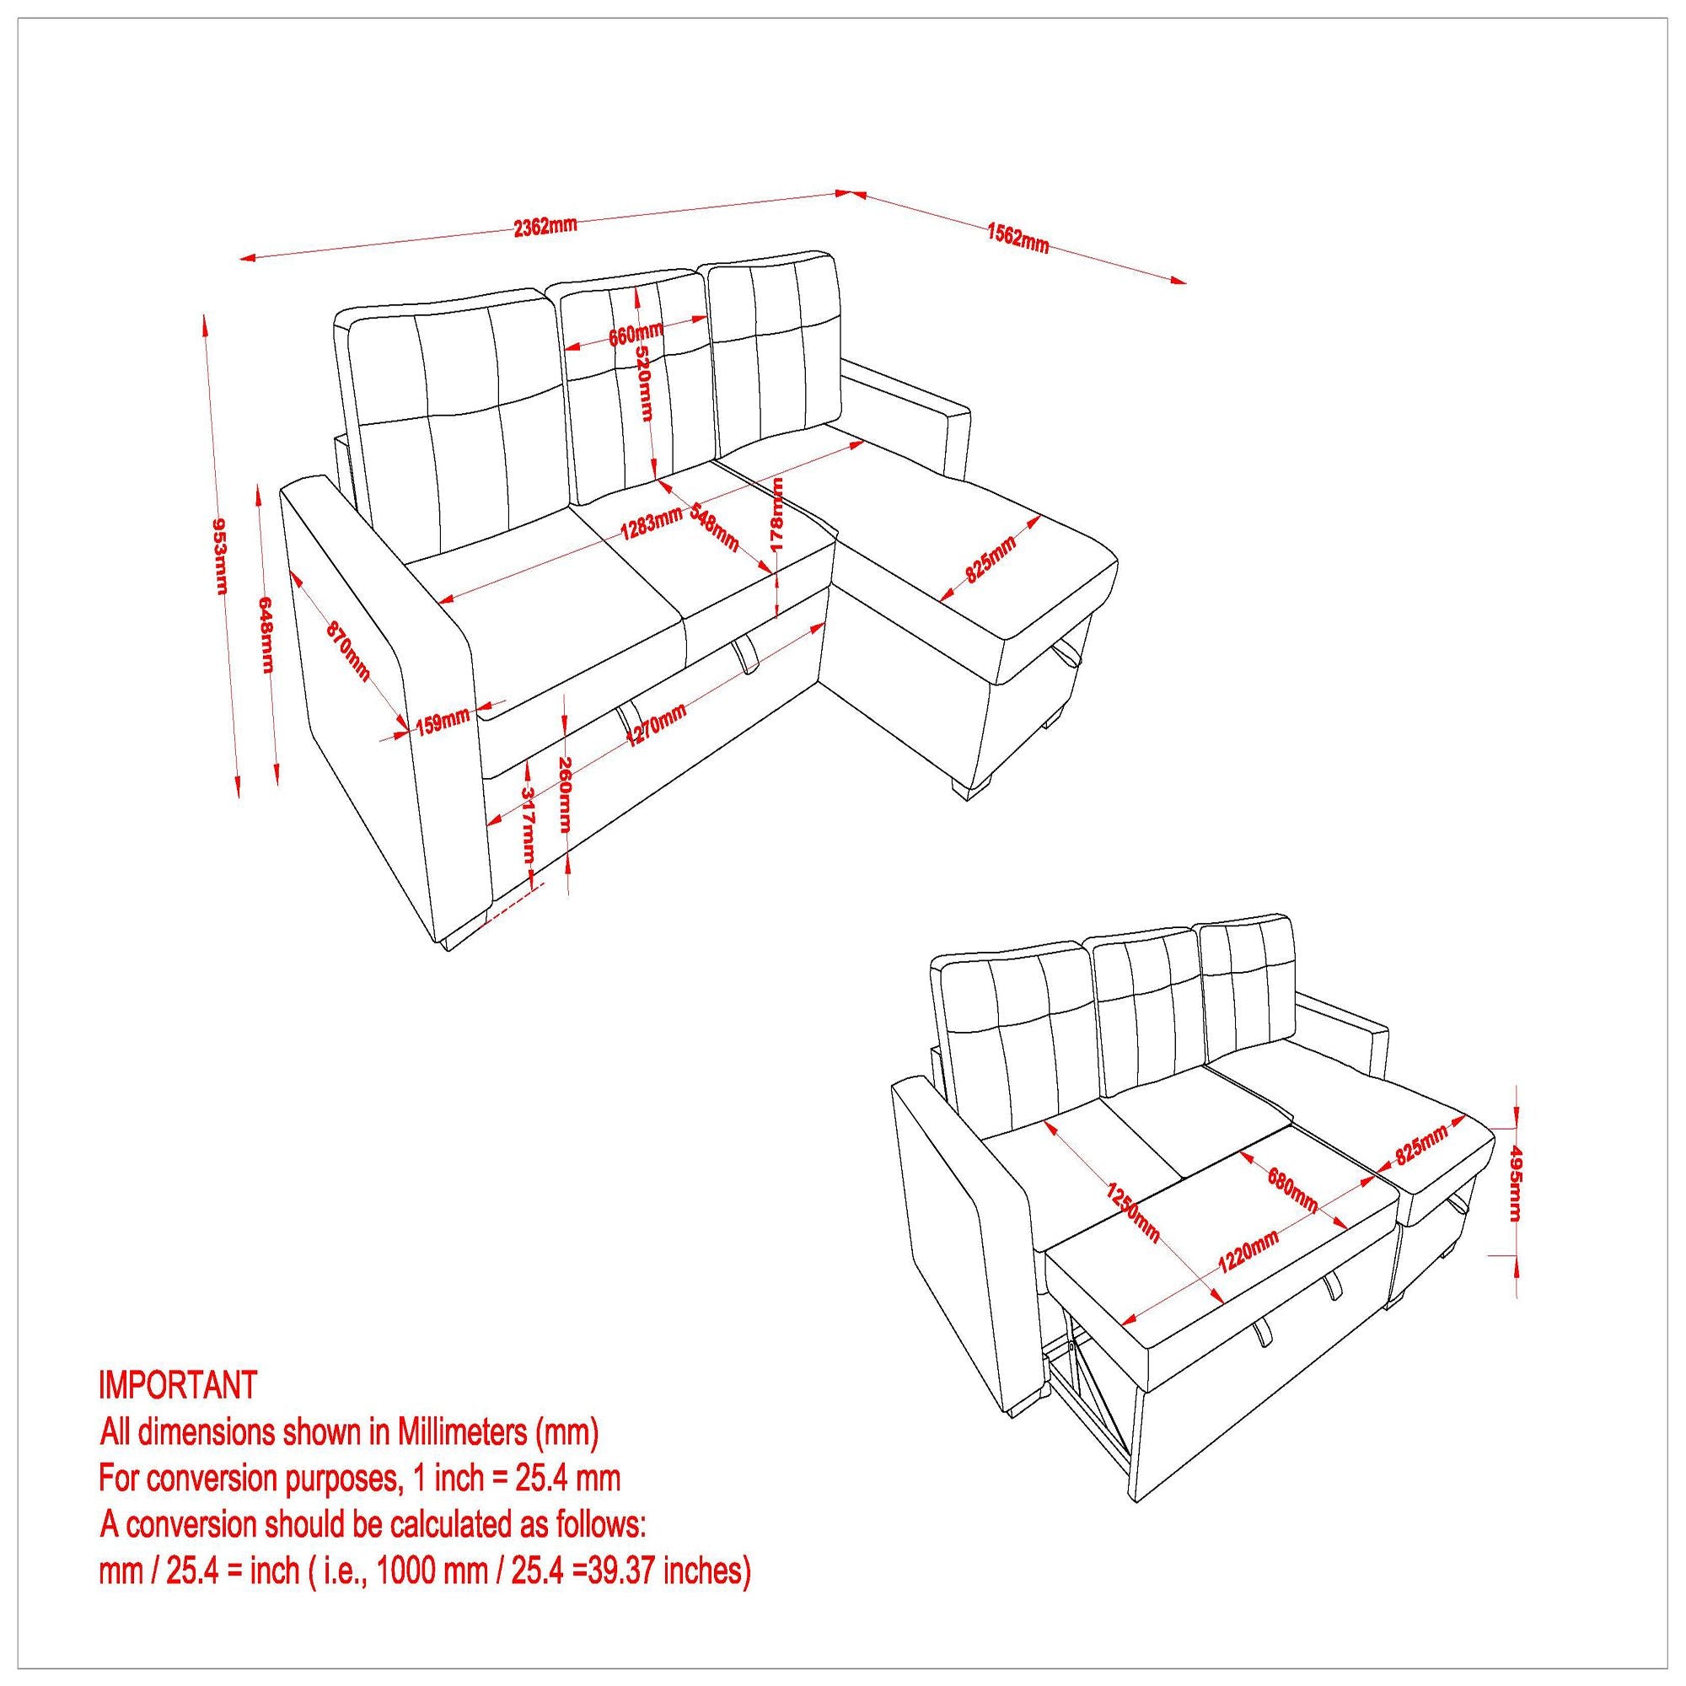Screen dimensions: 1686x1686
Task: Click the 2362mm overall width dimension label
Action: [545, 226]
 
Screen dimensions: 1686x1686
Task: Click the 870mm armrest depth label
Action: [348, 651]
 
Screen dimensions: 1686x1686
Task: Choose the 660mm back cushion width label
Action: [636, 333]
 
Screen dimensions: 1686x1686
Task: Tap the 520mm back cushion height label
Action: [643, 382]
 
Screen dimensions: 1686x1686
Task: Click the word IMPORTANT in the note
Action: [178, 1384]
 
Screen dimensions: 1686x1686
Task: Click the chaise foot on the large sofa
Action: [971, 787]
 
